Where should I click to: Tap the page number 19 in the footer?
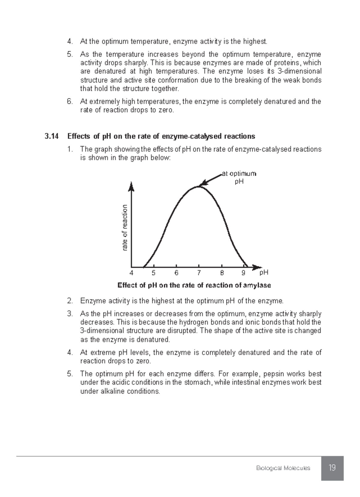coord(332,468)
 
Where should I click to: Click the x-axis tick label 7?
coord(199,273)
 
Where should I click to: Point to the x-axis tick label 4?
coord(131,273)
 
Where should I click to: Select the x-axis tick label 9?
coord(243,273)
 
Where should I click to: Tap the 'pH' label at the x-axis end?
coord(264,272)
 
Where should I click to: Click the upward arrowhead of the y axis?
coord(131,187)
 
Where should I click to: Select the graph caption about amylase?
coord(194,285)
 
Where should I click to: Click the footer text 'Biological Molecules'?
coord(283,468)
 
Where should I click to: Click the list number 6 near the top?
coord(70,102)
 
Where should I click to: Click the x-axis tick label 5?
coord(154,273)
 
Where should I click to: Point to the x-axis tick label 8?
coord(222,273)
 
